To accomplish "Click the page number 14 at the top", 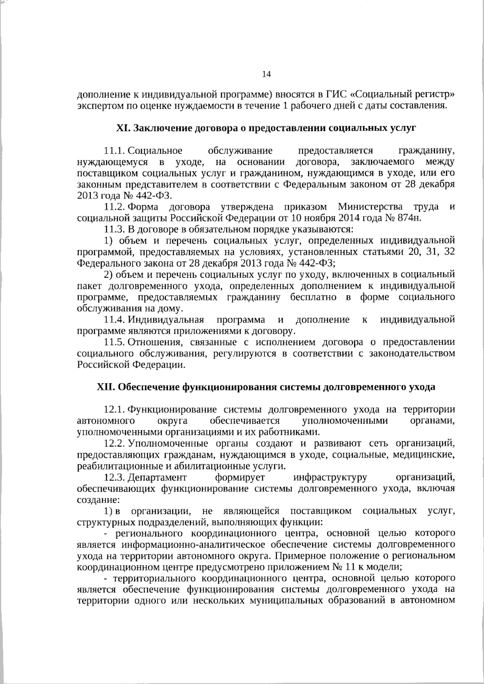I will pyautogui.click(x=266, y=74).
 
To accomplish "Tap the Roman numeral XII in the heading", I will pyautogui.click(x=106, y=387).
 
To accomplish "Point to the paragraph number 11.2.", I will pyautogui.click(x=114, y=207).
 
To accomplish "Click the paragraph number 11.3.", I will pyautogui.click(x=114, y=230).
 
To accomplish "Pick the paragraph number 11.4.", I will pyautogui.click(x=114, y=320).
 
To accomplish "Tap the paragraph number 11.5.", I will pyautogui.click(x=114, y=343).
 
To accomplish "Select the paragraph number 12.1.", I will pyautogui.click(x=114, y=410).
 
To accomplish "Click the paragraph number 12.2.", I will pyautogui.click(x=114, y=444).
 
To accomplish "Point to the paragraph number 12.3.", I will pyautogui.click(x=114, y=478).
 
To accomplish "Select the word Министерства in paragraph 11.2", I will pyautogui.click(x=370, y=207).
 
